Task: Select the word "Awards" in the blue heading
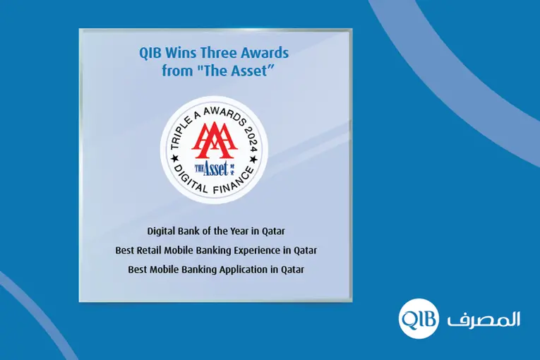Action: pos(263,54)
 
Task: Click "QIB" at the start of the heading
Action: pos(145,54)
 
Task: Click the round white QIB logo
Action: pos(418,319)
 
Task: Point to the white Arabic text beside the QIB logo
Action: pos(484,319)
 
